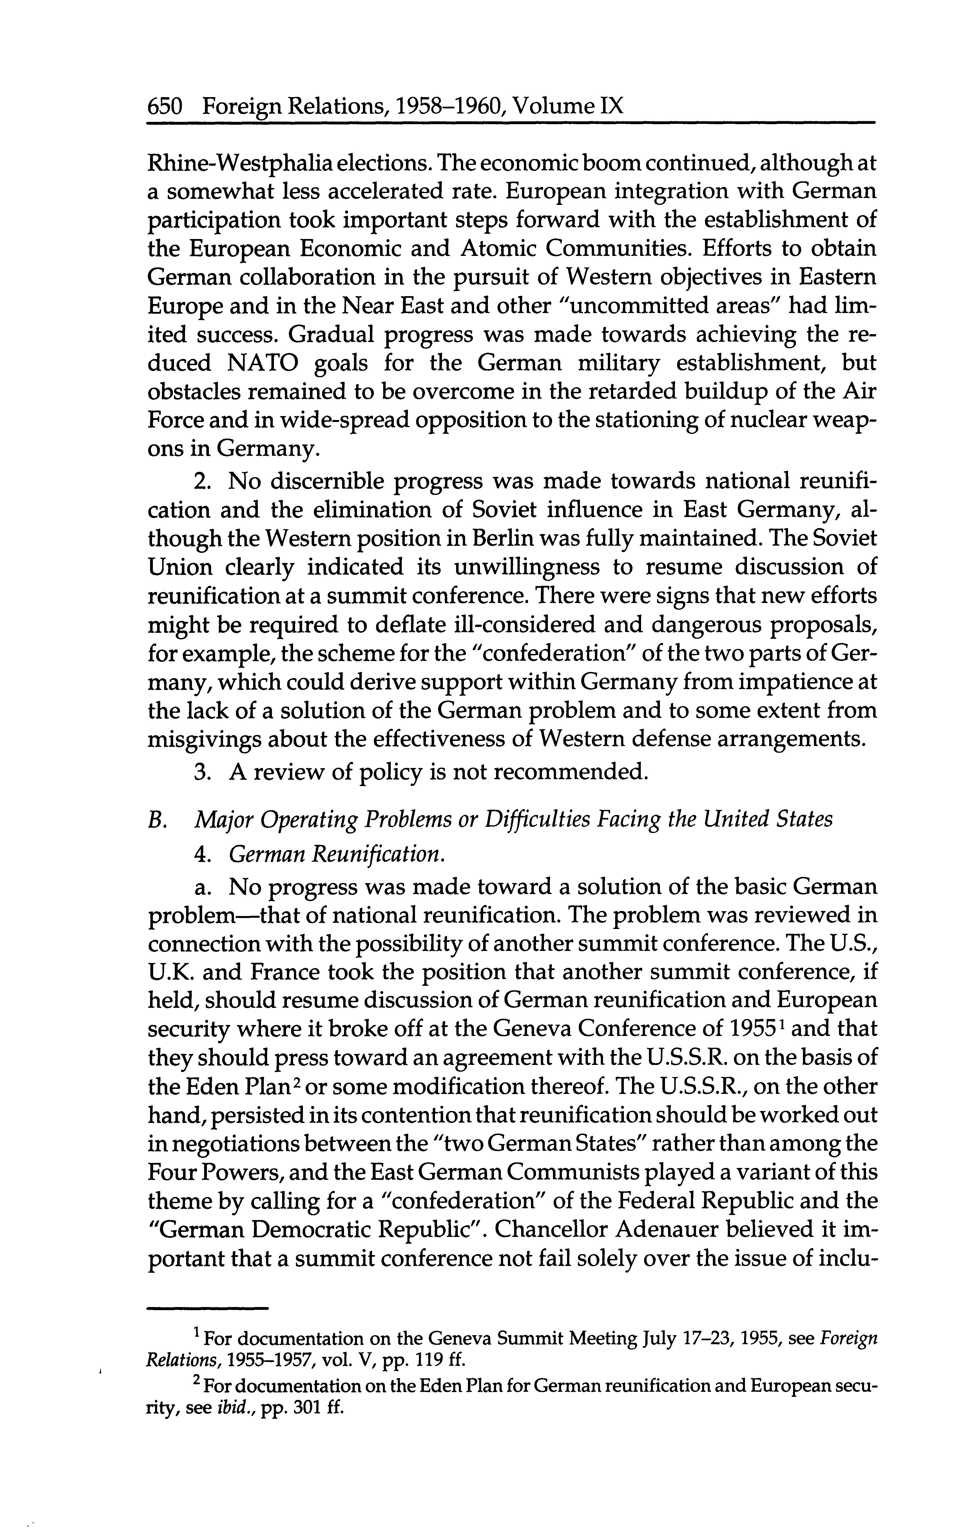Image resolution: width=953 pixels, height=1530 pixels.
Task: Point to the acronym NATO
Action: click(x=264, y=364)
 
